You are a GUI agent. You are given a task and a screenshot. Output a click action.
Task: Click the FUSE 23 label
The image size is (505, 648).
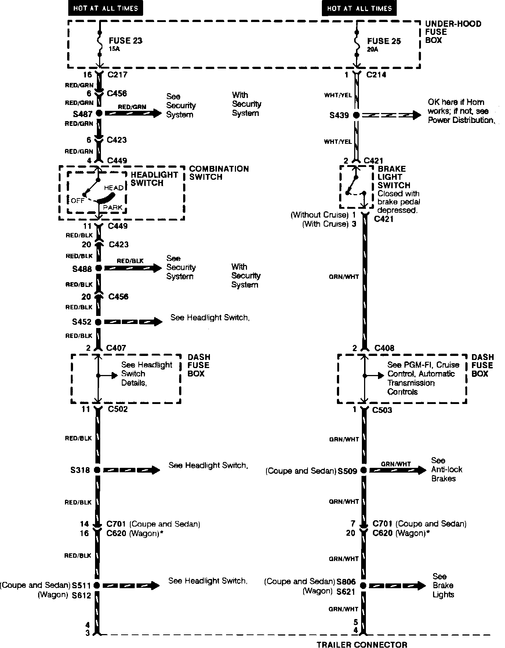[x=125, y=41]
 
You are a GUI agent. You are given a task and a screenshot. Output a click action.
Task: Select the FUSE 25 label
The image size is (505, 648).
[x=384, y=41]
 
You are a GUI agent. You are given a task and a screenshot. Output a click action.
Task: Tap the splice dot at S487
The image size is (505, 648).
[x=98, y=113]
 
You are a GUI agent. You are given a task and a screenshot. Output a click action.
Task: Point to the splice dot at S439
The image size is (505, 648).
[x=356, y=115]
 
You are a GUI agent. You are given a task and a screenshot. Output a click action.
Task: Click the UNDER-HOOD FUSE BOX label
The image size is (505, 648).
[x=453, y=32]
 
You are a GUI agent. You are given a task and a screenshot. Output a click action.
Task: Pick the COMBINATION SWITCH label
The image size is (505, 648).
[x=219, y=173]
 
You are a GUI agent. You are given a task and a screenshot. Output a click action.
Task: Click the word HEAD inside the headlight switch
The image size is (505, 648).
[x=114, y=188]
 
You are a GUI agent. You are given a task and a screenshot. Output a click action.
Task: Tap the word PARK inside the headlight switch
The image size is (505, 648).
[x=113, y=208]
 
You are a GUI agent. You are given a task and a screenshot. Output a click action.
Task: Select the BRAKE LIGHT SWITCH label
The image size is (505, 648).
[x=392, y=177]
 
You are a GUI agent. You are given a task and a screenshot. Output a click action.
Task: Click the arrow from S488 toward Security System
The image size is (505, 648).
[x=133, y=268]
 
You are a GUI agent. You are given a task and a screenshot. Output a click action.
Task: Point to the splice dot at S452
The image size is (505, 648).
[x=98, y=322]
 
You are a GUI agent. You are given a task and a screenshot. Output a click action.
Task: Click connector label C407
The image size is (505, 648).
[x=116, y=347]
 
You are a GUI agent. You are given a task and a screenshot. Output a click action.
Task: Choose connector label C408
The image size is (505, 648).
[x=384, y=348]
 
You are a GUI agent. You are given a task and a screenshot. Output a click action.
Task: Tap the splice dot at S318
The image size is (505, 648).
[x=97, y=470]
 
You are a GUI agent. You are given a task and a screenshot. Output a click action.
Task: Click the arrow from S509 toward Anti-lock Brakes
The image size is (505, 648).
[x=397, y=470]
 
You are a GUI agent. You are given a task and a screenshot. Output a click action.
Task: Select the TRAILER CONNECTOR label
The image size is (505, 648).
[x=362, y=644]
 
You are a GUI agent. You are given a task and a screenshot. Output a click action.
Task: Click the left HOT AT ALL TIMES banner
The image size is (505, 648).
[x=105, y=8]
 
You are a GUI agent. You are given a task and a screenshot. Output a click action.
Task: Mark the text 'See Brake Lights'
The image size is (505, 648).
[x=443, y=585]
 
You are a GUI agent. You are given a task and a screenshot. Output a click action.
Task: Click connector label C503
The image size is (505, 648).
[x=382, y=410]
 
